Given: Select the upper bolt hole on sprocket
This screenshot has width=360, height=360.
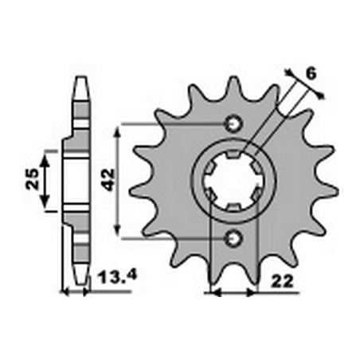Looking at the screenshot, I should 233,124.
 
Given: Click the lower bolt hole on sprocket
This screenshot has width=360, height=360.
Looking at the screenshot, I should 233,237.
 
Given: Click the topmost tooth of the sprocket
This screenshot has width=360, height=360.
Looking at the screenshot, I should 233,83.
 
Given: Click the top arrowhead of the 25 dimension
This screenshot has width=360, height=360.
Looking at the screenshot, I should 45,158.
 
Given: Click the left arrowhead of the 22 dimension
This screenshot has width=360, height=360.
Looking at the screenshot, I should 211,293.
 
